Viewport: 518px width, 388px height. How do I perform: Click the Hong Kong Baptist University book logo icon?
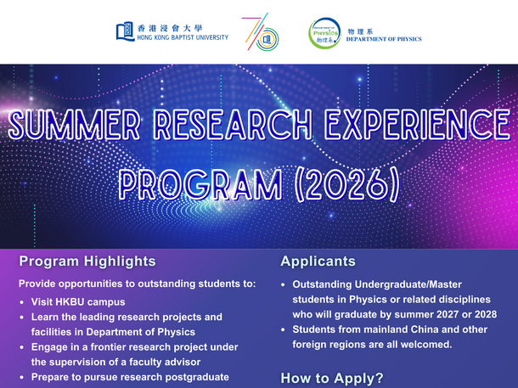pyautogui.click(x=125, y=31)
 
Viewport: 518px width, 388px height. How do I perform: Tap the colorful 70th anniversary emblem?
pyautogui.click(x=260, y=32)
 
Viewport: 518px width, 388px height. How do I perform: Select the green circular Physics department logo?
pyautogui.click(x=324, y=33)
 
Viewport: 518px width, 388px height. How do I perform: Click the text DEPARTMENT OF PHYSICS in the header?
pyautogui.click(x=384, y=39)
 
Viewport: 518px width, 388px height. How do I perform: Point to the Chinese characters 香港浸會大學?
pyautogui.click(x=171, y=27)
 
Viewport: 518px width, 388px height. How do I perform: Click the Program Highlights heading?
pyautogui.click(x=87, y=261)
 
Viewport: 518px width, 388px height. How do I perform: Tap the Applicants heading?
pyautogui.click(x=318, y=261)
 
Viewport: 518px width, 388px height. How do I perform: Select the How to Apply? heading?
pyautogui.click(x=332, y=378)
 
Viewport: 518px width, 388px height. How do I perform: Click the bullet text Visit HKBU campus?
pyautogui.click(x=78, y=301)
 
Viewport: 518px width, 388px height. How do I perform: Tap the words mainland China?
pyautogui.click(x=385, y=329)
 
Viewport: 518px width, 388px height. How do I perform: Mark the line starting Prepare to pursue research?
pyautogui.click(x=130, y=376)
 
